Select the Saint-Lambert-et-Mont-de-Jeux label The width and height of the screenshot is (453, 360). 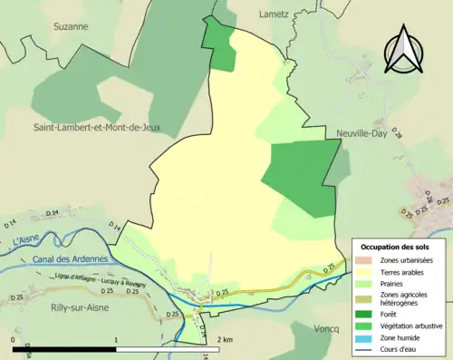(97, 128)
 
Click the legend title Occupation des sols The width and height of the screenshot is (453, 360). (396, 247)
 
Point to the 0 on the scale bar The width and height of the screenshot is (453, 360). (14, 338)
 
